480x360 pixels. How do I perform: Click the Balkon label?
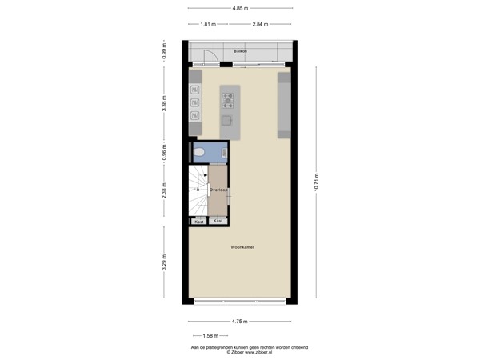tap(239, 51)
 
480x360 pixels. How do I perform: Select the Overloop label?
tap(218, 190)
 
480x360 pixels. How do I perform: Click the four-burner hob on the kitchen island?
tap(228, 100)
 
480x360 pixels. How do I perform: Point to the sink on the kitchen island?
tap(227, 121)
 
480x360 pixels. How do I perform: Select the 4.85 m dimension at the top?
tap(239, 8)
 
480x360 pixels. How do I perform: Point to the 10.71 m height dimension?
tap(317, 183)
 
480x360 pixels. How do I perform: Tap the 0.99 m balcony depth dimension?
tap(163, 54)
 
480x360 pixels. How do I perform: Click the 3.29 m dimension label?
tap(163, 262)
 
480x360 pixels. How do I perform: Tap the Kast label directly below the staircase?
tap(199, 221)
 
